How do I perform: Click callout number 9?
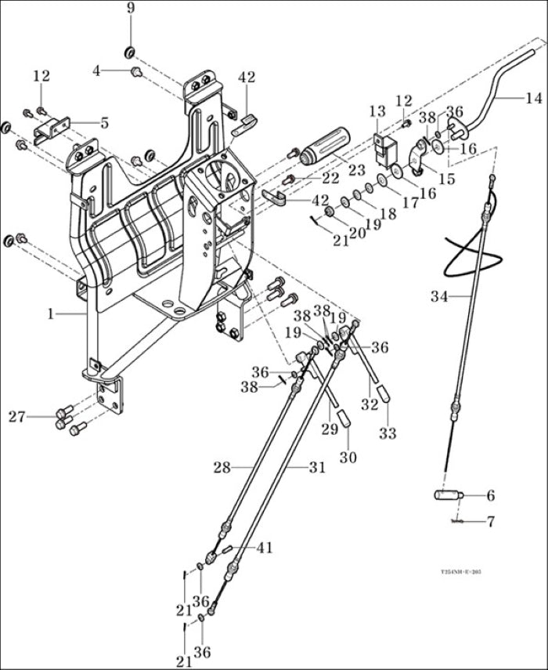click(x=130, y=9)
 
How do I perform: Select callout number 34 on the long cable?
click(x=439, y=296)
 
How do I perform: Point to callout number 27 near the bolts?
click(x=17, y=416)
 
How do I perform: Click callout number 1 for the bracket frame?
click(x=51, y=313)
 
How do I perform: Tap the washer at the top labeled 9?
click(x=130, y=53)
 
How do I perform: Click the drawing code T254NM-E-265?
click(x=460, y=573)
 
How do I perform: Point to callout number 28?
click(x=222, y=468)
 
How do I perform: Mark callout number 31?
click(x=316, y=468)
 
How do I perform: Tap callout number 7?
click(x=491, y=520)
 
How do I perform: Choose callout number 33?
click(x=388, y=433)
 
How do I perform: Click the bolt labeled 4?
click(x=137, y=72)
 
